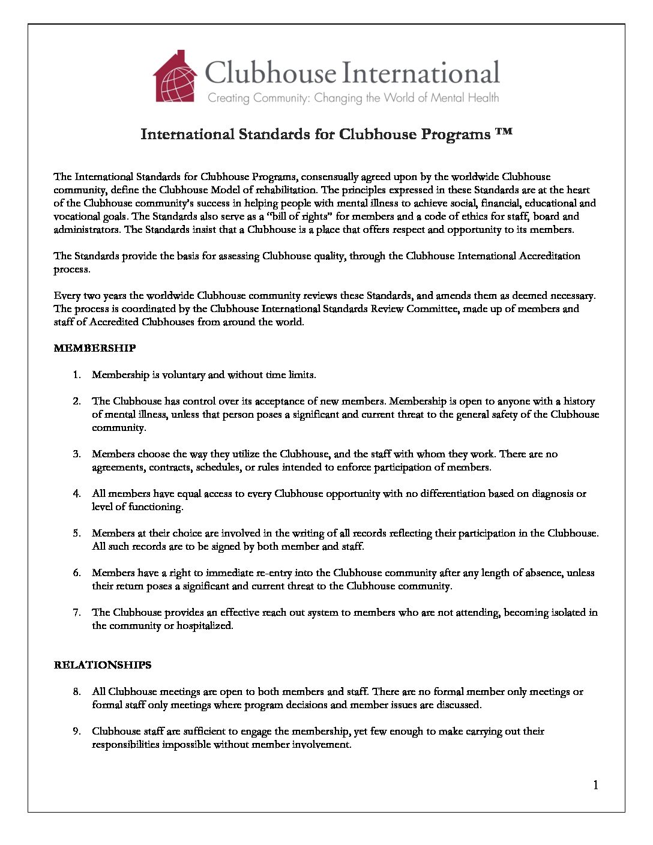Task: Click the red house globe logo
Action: pyautogui.click(x=175, y=77)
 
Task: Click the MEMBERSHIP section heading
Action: pyautogui.click(x=95, y=348)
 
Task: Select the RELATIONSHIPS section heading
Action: pyautogui.click(x=103, y=665)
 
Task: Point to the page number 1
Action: pyautogui.click(x=595, y=785)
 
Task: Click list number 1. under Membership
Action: pyautogui.click(x=77, y=375)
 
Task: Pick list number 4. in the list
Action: pyautogui.click(x=77, y=494)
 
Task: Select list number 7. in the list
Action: pyautogui.click(x=77, y=613)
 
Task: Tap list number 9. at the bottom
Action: pyautogui.click(x=77, y=732)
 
